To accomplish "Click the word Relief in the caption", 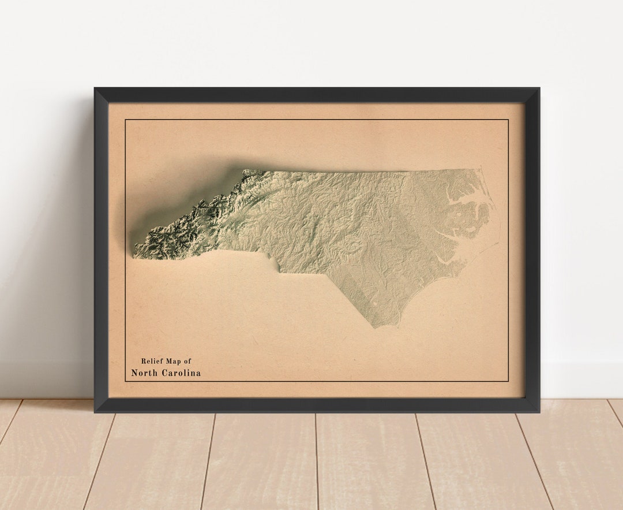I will tap(152, 361).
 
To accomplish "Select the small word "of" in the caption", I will tap(187, 361).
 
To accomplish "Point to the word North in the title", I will tap(144, 373).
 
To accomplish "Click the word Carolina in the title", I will tap(181, 373).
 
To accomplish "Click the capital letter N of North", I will tap(134, 373).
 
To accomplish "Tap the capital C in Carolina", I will tap(163, 373).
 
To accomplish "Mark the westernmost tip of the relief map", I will tap(134, 255).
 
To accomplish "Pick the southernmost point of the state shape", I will tap(376, 327).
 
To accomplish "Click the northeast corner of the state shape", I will tap(478, 169).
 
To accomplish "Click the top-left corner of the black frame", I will tap(95, 88).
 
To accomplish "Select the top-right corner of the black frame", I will tap(539, 88).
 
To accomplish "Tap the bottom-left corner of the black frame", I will tap(95, 411).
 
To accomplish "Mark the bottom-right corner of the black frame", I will tap(539, 411).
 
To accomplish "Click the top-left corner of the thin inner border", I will tap(125, 120).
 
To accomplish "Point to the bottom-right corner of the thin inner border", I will tap(508, 381).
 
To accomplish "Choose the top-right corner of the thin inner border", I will tap(508, 120).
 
